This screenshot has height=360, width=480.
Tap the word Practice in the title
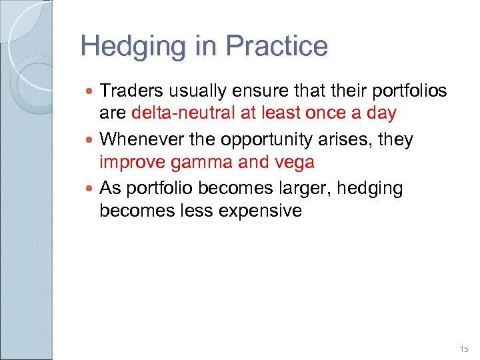[x=277, y=46]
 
